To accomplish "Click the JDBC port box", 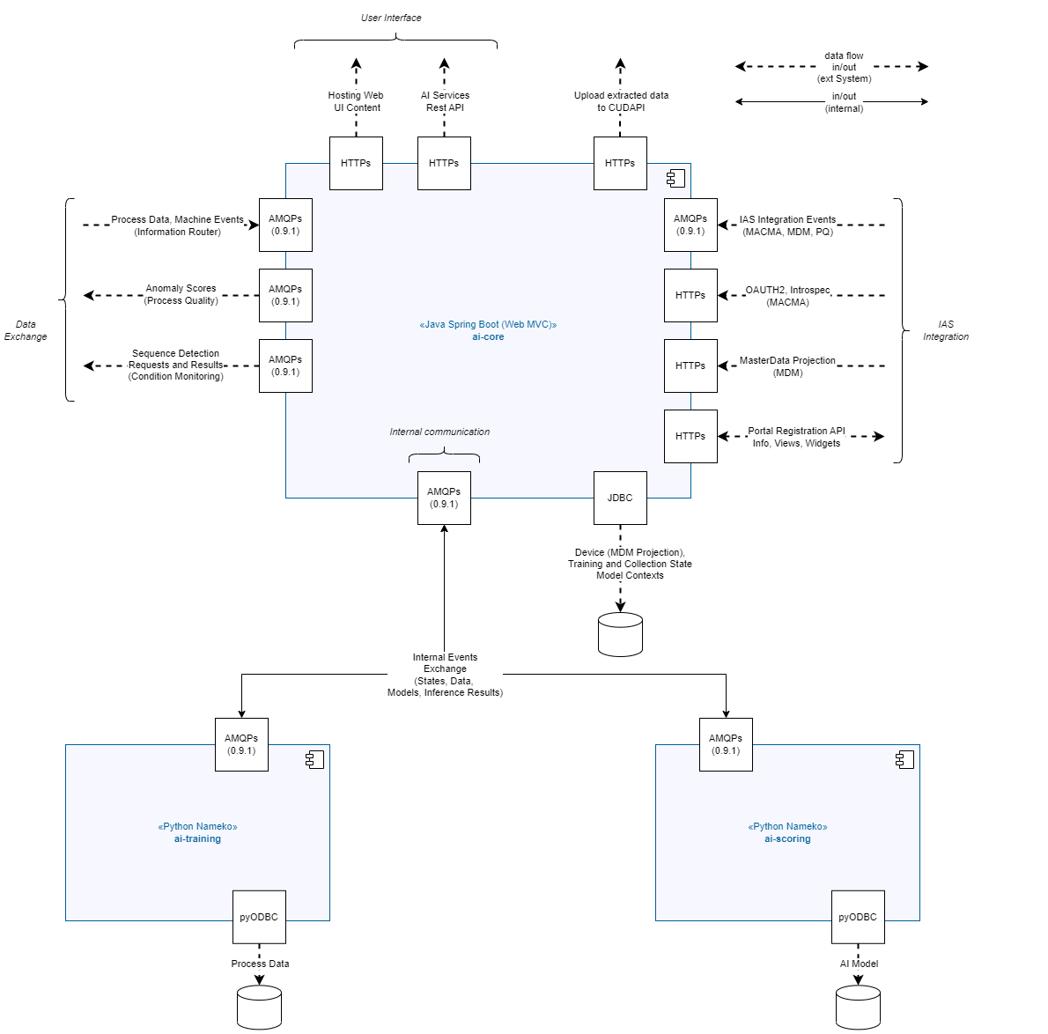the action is tap(620, 498).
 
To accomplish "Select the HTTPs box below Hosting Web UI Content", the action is tap(357, 163).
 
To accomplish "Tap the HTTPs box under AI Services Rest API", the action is tap(445, 163).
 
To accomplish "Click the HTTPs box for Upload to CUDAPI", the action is tap(620, 163).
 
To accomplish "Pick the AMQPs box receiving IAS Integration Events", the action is tap(690, 225).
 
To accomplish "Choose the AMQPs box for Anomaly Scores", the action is tap(285, 295).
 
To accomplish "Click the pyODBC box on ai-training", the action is tap(259, 917).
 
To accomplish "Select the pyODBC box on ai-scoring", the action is tap(858, 917).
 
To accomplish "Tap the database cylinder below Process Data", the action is tap(259, 1008).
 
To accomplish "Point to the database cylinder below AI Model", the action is tap(858, 1008).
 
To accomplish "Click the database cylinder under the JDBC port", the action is tap(620, 634).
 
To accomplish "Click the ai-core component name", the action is tap(488, 336).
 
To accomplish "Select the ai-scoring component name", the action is tap(787, 838).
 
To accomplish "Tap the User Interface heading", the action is tap(391, 18).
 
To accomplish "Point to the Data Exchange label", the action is tap(26, 330).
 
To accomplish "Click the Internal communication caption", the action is tap(439, 432).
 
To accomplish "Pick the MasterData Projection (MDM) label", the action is tap(787, 366).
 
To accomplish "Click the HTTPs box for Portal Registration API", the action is tap(690, 437).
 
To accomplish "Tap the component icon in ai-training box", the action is tap(314, 760).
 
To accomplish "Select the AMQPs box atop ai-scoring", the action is tap(726, 744).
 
